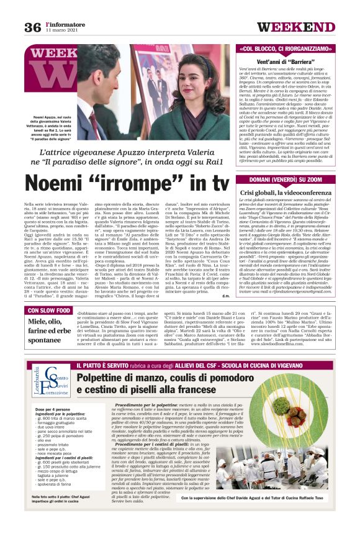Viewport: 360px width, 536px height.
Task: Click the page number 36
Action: (x=32, y=27)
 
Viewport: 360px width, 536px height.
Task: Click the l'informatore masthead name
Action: (x=62, y=24)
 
